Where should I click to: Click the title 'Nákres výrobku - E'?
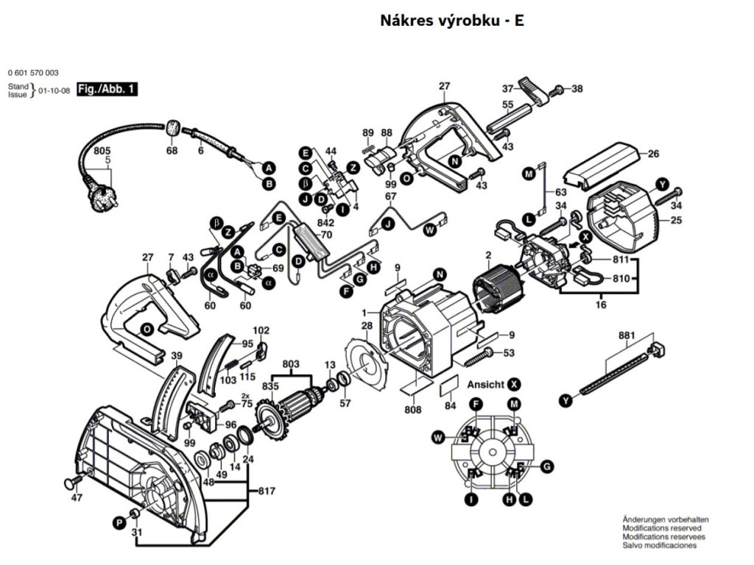(451, 21)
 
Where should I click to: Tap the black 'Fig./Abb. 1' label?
(107, 90)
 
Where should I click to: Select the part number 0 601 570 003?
(33, 73)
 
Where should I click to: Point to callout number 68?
(172, 151)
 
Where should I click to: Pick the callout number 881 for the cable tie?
(627, 336)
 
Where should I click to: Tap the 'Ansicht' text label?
(485, 385)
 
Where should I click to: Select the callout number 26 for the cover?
(652, 155)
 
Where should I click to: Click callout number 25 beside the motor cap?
(676, 220)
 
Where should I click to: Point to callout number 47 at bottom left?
(77, 498)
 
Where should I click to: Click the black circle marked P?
(118, 522)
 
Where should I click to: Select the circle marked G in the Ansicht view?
(546, 466)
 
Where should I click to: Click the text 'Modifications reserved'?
(662, 528)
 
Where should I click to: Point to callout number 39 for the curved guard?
(177, 357)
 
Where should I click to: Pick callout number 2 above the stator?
(487, 256)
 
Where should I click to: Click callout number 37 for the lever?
(508, 89)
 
